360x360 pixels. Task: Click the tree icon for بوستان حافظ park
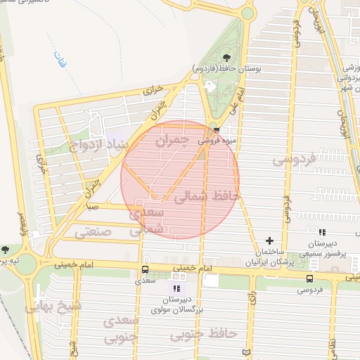coord(226,58)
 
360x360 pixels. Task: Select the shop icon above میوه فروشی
coord(217,130)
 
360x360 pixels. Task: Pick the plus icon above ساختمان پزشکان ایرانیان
coord(270,240)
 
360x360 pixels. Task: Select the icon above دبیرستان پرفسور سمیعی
coord(322,233)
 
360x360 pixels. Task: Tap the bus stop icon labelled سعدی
coord(145,269)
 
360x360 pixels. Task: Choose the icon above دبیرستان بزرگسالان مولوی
coord(176,288)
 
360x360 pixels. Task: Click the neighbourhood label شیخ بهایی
coord(52,307)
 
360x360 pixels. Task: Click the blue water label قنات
coord(62,65)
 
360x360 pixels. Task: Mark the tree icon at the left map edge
coord(6,250)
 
